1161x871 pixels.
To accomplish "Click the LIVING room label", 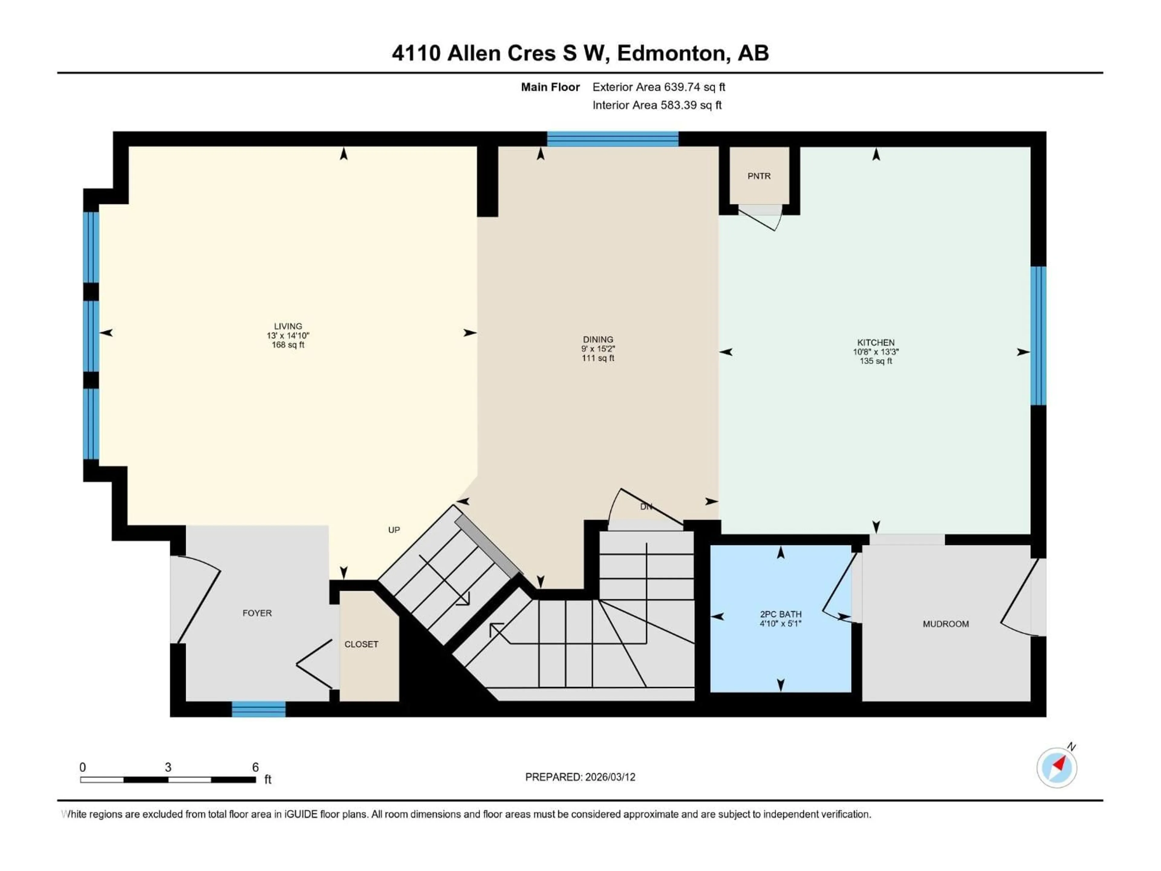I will (288, 326).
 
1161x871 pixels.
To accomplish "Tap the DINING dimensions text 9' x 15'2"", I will (598, 349).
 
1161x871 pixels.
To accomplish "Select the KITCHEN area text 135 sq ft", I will (876, 361).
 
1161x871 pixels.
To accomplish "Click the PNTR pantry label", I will (759, 176).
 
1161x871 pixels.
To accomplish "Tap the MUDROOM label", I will (945, 624).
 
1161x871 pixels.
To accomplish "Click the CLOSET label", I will (361, 644).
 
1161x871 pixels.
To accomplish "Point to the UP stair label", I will (394, 530).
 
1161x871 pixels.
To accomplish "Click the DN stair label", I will (646, 507).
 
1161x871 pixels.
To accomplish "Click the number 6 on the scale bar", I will (255, 767).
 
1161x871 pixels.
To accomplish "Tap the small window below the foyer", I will (259, 709).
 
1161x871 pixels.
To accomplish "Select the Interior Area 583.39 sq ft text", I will (657, 105).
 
